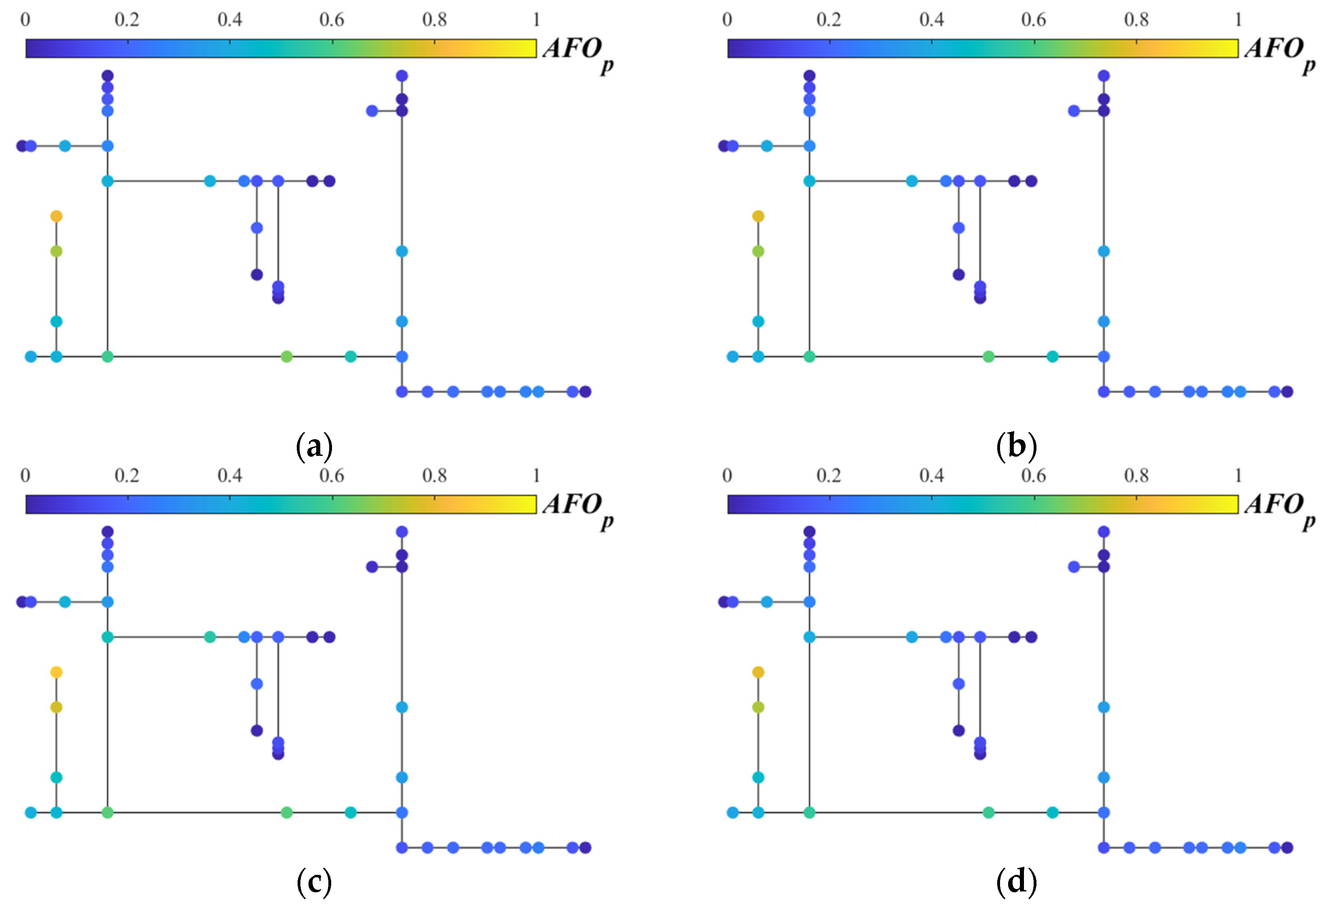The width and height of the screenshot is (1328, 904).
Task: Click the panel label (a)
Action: [314, 446]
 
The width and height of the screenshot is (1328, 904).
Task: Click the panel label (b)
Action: [1016, 446]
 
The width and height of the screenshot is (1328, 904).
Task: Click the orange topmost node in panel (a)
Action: [56, 216]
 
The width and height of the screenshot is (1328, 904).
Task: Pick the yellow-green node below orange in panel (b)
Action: [758, 251]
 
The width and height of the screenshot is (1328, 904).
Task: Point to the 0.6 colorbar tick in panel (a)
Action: [332, 20]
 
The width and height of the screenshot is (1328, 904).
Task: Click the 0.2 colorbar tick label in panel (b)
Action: [828, 20]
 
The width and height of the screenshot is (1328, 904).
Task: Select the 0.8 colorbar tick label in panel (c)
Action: [434, 475]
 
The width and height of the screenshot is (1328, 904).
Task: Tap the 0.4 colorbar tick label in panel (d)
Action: [932, 475]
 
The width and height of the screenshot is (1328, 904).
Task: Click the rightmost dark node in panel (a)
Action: [585, 391]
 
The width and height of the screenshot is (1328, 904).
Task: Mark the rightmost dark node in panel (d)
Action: [1287, 847]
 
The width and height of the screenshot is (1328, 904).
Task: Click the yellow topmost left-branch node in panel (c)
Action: [56, 672]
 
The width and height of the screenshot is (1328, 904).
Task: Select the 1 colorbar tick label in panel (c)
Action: [536, 475]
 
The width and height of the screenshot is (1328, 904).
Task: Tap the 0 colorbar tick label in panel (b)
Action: [727, 20]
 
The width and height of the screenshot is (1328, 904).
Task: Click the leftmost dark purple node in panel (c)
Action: [22, 602]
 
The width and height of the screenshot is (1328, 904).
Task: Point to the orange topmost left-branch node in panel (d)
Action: [758, 672]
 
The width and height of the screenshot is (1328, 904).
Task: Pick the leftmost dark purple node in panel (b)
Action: [724, 146]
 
